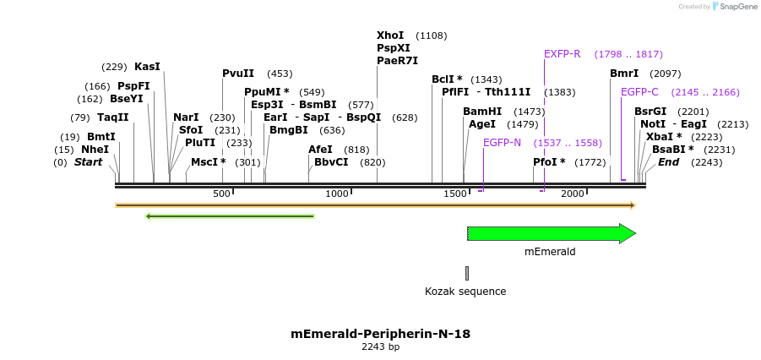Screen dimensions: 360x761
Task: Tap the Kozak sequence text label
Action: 465,292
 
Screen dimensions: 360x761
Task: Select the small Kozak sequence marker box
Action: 466,273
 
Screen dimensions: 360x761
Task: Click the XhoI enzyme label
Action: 390,35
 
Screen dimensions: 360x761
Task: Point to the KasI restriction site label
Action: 147,67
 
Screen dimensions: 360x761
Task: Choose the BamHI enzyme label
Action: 482,112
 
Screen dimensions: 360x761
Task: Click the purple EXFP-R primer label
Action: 562,54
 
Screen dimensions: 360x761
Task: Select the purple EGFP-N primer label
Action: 502,142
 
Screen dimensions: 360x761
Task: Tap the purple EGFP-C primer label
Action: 639,92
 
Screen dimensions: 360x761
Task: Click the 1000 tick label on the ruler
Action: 338,194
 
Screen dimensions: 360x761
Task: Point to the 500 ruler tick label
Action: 221,194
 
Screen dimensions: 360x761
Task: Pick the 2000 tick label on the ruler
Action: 573,194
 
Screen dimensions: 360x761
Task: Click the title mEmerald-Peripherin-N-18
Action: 380,334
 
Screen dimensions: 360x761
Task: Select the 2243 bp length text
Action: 380,347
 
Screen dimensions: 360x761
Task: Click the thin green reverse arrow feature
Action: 230,216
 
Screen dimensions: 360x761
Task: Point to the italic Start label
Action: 88,162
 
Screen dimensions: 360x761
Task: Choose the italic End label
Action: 668,162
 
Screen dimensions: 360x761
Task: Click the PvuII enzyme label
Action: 238,74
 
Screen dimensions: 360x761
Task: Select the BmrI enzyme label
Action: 624,74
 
